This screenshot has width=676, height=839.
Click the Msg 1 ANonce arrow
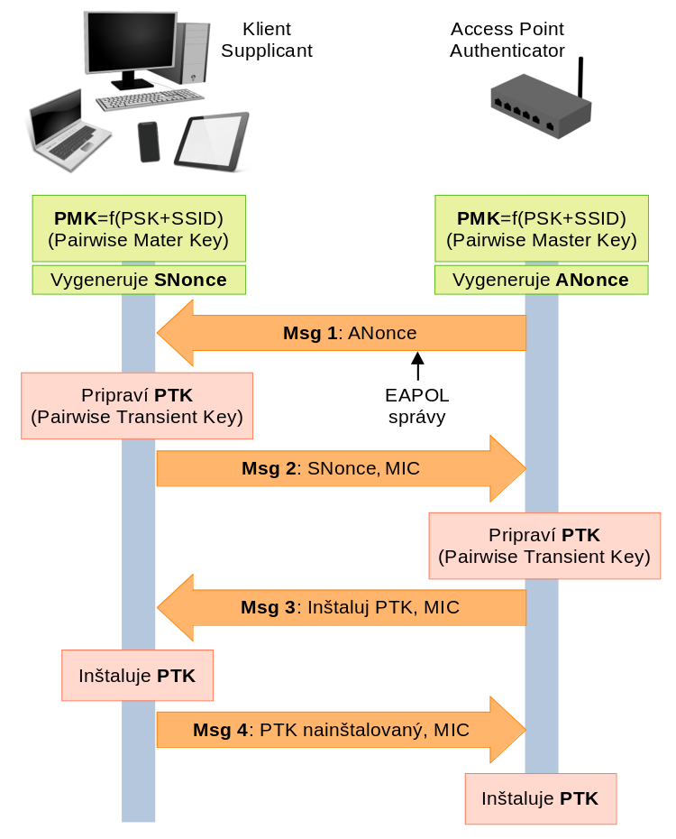point(343,333)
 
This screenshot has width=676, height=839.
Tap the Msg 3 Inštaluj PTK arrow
point(343,607)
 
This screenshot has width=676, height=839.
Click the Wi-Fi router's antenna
point(581,78)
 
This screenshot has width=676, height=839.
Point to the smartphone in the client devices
point(149,142)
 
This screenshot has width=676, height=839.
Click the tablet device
point(211,141)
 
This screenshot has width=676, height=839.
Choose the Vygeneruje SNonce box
point(139,280)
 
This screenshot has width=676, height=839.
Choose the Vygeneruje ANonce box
point(541,280)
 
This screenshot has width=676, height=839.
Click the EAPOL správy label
point(416,406)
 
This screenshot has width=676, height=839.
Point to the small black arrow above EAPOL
point(417,364)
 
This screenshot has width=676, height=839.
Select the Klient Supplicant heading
point(266,40)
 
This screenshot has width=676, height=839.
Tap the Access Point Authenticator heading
point(507,40)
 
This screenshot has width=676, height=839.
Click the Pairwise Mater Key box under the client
point(139,229)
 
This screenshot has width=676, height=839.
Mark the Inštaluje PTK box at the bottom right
point(541,798)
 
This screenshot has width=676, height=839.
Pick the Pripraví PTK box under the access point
point(544,546)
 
